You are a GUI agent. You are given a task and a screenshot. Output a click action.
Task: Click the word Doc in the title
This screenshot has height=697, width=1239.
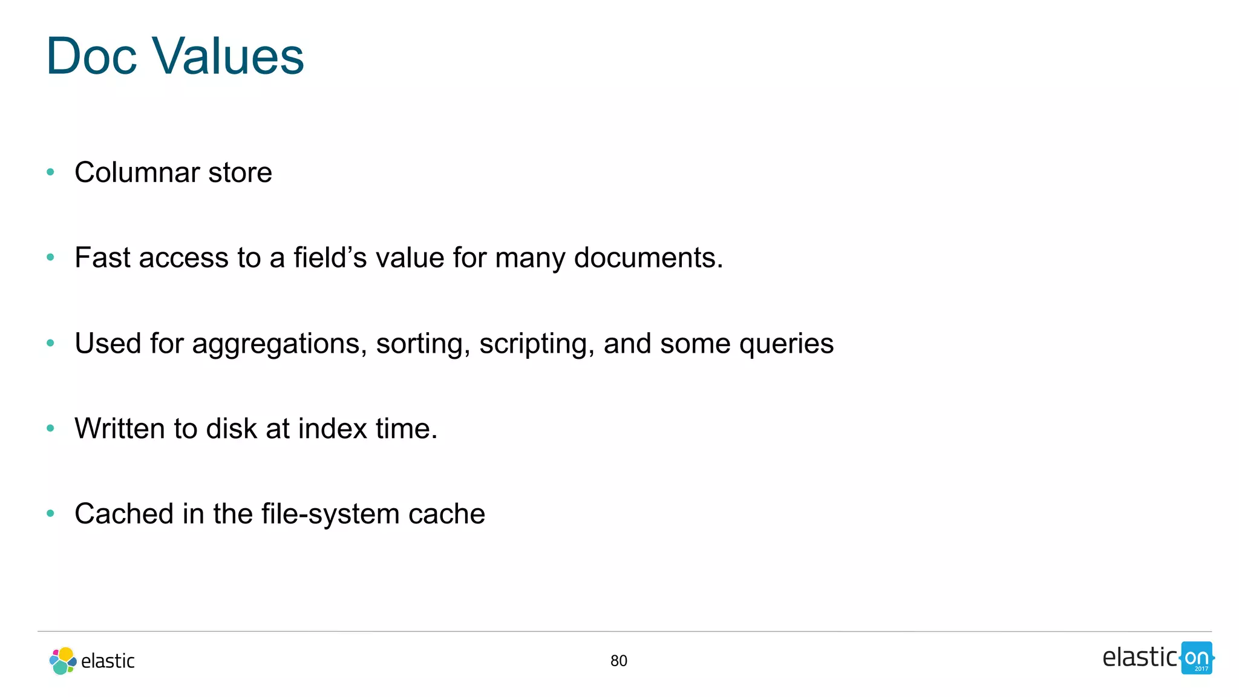point(91,56)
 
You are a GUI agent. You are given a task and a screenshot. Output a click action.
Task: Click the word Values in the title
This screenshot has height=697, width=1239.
point(228,56)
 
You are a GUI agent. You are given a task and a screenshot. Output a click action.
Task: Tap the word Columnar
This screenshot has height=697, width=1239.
point(137,172)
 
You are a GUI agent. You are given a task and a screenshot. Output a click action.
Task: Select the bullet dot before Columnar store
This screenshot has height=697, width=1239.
point(51,172)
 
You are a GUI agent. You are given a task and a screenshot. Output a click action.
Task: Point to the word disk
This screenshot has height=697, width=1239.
point(231,428)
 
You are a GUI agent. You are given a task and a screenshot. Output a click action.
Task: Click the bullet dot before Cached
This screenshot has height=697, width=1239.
point(51,514)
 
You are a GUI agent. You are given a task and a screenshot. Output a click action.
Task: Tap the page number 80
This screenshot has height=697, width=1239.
point(618,661)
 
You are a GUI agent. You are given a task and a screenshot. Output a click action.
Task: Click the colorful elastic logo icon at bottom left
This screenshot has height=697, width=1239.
point(62,661)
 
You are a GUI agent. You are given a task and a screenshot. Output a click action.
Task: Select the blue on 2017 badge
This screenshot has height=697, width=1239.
point(1197,658)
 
